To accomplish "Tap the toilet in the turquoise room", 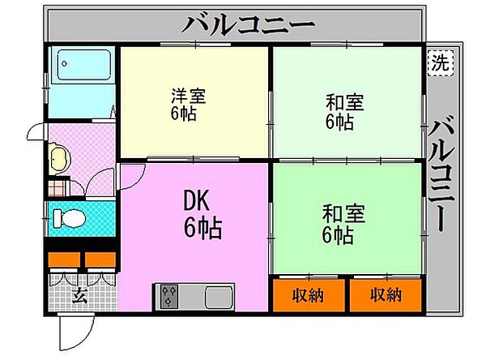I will point(69,217).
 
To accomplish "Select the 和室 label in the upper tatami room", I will point(345,103).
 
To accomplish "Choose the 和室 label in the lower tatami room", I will point(344,215).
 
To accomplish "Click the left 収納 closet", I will point(308,294).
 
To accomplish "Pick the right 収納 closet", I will point(385,294).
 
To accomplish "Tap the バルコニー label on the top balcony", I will point(247,25).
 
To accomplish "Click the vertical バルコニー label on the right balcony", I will point(443,174).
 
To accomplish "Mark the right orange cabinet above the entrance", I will point(100,260).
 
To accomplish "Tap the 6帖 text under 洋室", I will point(183,114).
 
